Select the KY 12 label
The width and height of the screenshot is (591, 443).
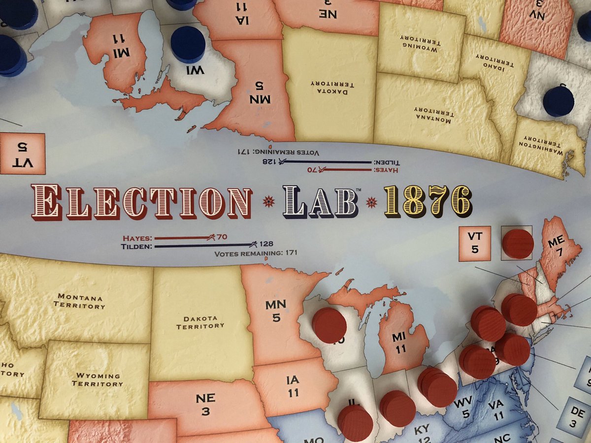click(x=423, y=434)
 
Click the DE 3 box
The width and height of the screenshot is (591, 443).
click(x=574, y=416)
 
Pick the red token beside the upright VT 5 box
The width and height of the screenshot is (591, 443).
click(x=517, y=244)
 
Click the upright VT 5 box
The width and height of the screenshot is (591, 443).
click(x=475, y=243)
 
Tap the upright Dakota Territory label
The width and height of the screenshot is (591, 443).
click(x=200, y=322)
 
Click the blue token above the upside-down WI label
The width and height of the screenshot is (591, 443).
click(x=188, y=44)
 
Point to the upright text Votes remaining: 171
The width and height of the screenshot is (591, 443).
click(x=256, y=254)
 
